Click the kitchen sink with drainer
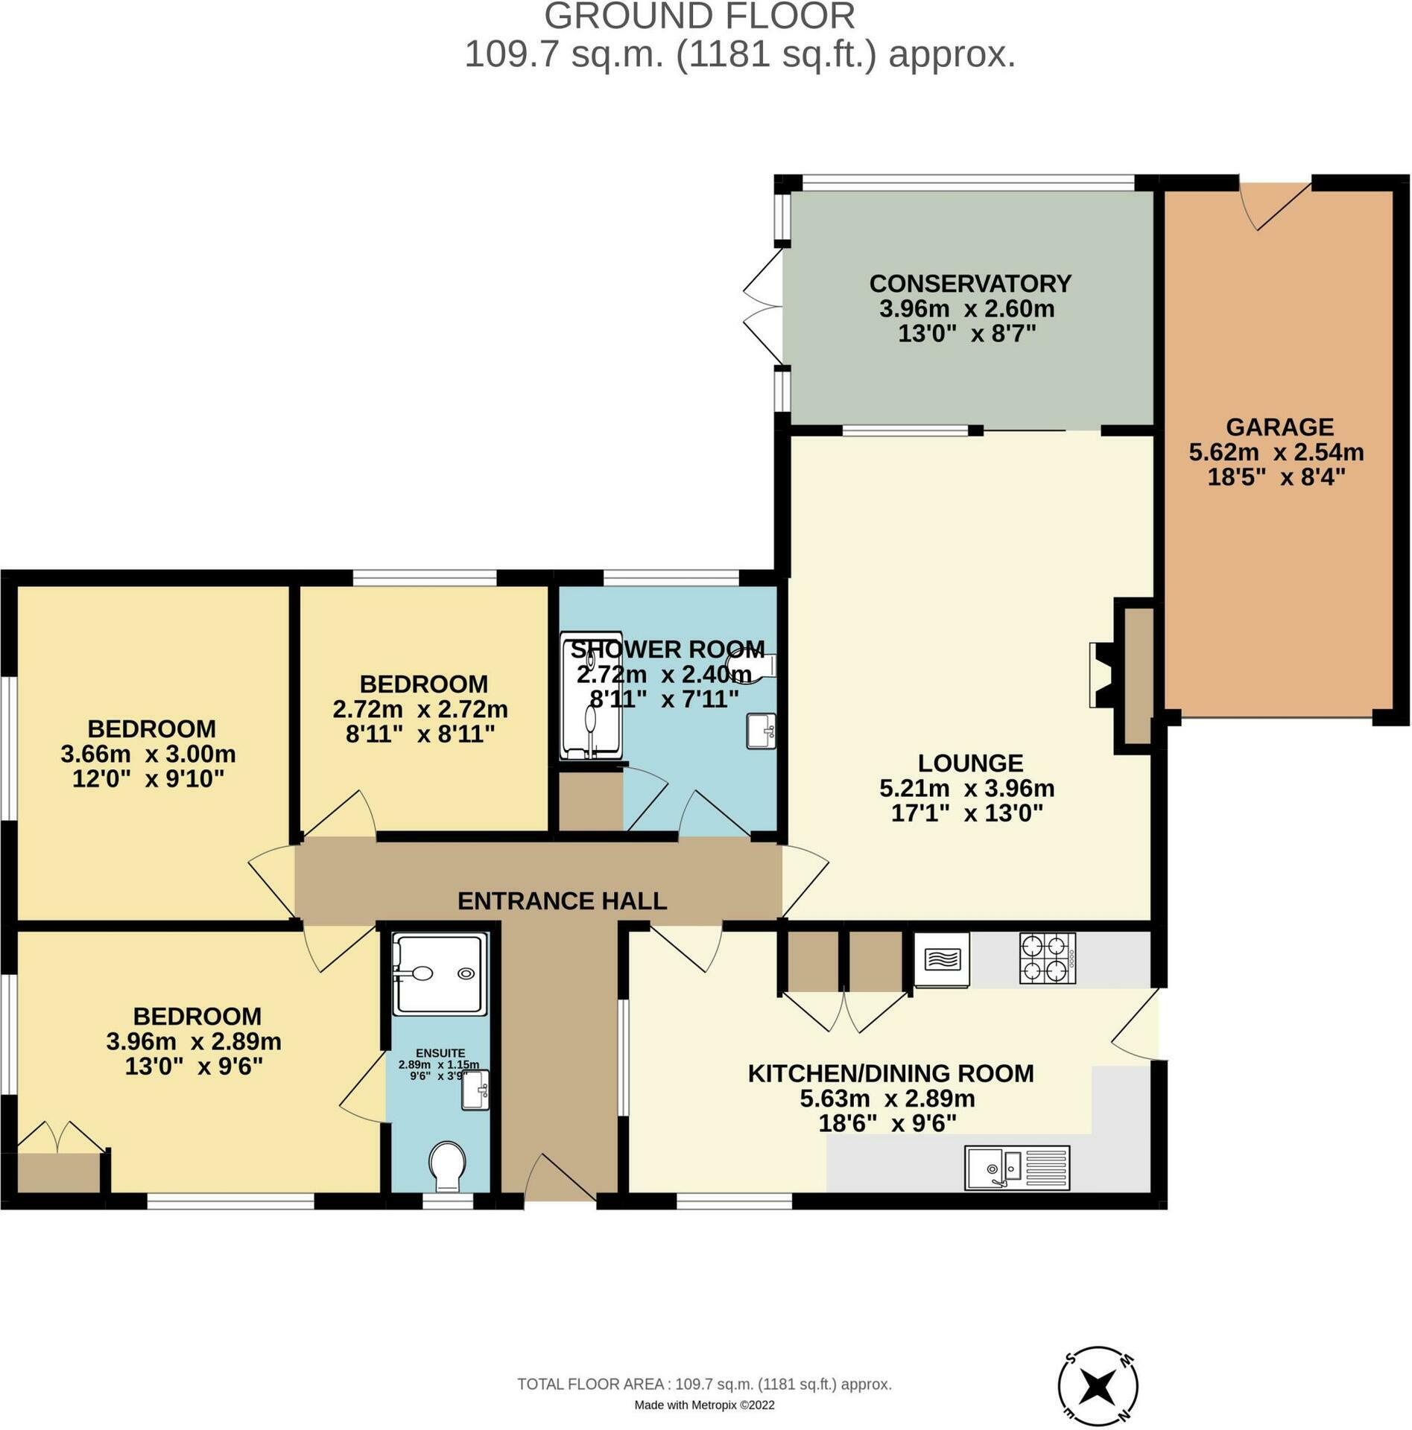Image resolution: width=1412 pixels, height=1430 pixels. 1016,1167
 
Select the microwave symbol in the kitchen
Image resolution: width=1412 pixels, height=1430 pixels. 942,960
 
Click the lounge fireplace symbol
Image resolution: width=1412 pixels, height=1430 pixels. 1101,675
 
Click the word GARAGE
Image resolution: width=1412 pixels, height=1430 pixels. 1279,427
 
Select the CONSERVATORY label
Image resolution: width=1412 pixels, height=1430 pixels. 970,284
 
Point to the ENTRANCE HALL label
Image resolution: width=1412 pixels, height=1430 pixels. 562,901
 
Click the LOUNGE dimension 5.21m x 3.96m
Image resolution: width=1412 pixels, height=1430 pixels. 967,788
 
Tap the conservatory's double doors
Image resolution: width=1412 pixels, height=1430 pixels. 763,308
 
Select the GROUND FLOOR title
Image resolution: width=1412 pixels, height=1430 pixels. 700,16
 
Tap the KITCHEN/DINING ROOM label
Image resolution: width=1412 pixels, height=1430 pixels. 890,1073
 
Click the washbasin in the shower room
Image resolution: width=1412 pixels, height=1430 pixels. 761,731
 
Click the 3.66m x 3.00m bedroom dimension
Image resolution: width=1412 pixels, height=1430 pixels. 148,754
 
